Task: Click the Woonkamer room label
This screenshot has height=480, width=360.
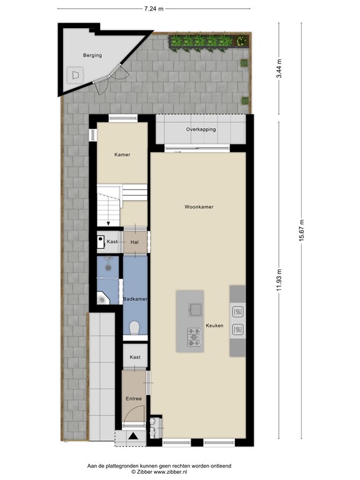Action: coord(199,206)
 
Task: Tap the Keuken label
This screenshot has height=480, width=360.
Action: coord(214,326)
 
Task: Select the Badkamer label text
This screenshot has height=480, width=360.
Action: coord(135,299)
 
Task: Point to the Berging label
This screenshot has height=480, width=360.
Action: coord(92,56)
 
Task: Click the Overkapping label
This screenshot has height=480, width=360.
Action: coord(201,129)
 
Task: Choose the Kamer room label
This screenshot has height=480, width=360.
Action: coord(122,154)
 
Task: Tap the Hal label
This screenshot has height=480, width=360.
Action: coord(134,242)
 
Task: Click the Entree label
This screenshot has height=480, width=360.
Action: coord(133,399)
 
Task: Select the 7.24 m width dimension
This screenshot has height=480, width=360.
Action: coord(153,9)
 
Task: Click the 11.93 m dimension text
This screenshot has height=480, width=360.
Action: coord(279,279)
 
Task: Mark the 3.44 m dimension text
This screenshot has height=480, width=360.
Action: coord(279,67)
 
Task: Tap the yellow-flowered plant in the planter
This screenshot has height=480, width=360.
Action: coord(240,42)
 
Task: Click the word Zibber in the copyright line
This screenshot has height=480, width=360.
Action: coord(156,472)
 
